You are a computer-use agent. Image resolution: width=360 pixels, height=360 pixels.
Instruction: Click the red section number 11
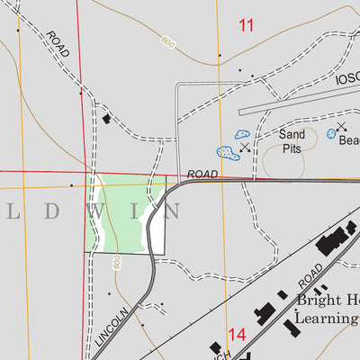pyautogui.click(x=246, y=25)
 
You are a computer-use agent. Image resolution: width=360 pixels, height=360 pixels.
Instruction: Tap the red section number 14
pyautogui.click(x=237, y=335)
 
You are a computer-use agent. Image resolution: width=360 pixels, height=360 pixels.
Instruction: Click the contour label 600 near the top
pyautogui.click(x=167, y=40)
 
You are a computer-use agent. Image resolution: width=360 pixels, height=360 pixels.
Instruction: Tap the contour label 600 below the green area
pyautogui.click(x=117, y=262)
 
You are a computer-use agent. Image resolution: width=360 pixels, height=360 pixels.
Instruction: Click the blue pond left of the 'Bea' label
pyautogui.click(x=331, y=133)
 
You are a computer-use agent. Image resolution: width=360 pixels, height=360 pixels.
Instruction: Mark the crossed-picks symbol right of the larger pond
pyautogui.click(x=245, y=148)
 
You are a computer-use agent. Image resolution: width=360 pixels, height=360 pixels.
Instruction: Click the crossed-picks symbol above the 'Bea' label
pyautogui.click(x=341, y=127)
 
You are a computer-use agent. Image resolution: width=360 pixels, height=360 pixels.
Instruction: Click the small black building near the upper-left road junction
pyautogui.click(x=106, y=119)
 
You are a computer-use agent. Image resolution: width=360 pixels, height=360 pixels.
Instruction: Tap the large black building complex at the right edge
pyautogui.click(x=333, y=238)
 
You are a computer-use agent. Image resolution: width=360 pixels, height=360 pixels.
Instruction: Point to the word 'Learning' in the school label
pyautogui.click(x=328, y=318)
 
